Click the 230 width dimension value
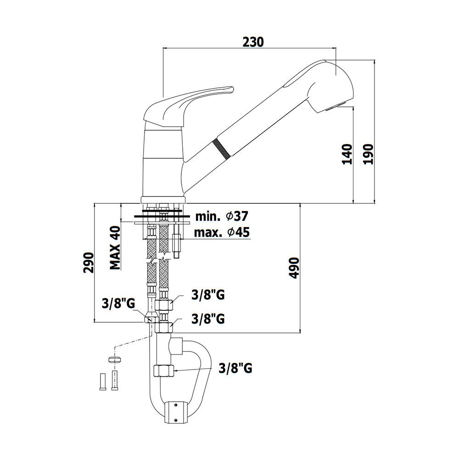(253, 42)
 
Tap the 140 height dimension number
(347, 154)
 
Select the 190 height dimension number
(369, 154)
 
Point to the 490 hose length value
(294, 268)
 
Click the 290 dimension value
(89, 263)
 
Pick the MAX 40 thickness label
(115, 248)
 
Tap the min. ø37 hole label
(222, 217)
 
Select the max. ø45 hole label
(222, 232)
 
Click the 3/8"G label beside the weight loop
(235, 368)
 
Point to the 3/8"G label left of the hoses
(118, 303)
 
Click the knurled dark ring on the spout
(221, 148)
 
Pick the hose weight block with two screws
(176, 413)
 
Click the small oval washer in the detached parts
(115, 359)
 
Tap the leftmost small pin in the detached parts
(103, 382)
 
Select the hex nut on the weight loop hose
(164, 370)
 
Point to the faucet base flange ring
(163, 200)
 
